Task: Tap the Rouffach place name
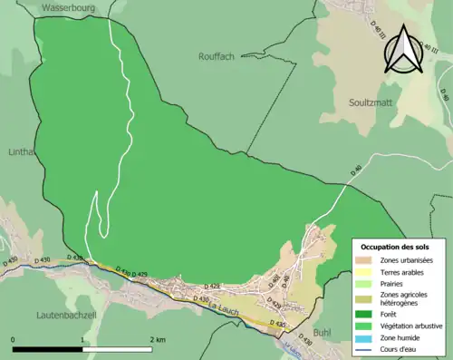pyautogui.click(x=217, y=56)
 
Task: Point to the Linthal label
pyautogui.click(x=20, y=152)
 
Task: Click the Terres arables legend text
pyautogui.click(x=402, y=271)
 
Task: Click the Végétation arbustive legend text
pyautogui.click(x=413, y=326)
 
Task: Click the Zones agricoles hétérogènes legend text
pyautogui.click(x=402, y=298)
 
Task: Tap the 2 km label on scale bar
pyautogui.click(x=158, y=339)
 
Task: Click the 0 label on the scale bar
pyautogui.click(x=14, y=339)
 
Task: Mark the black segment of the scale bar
pyautogui.click(x=48, y=349)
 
